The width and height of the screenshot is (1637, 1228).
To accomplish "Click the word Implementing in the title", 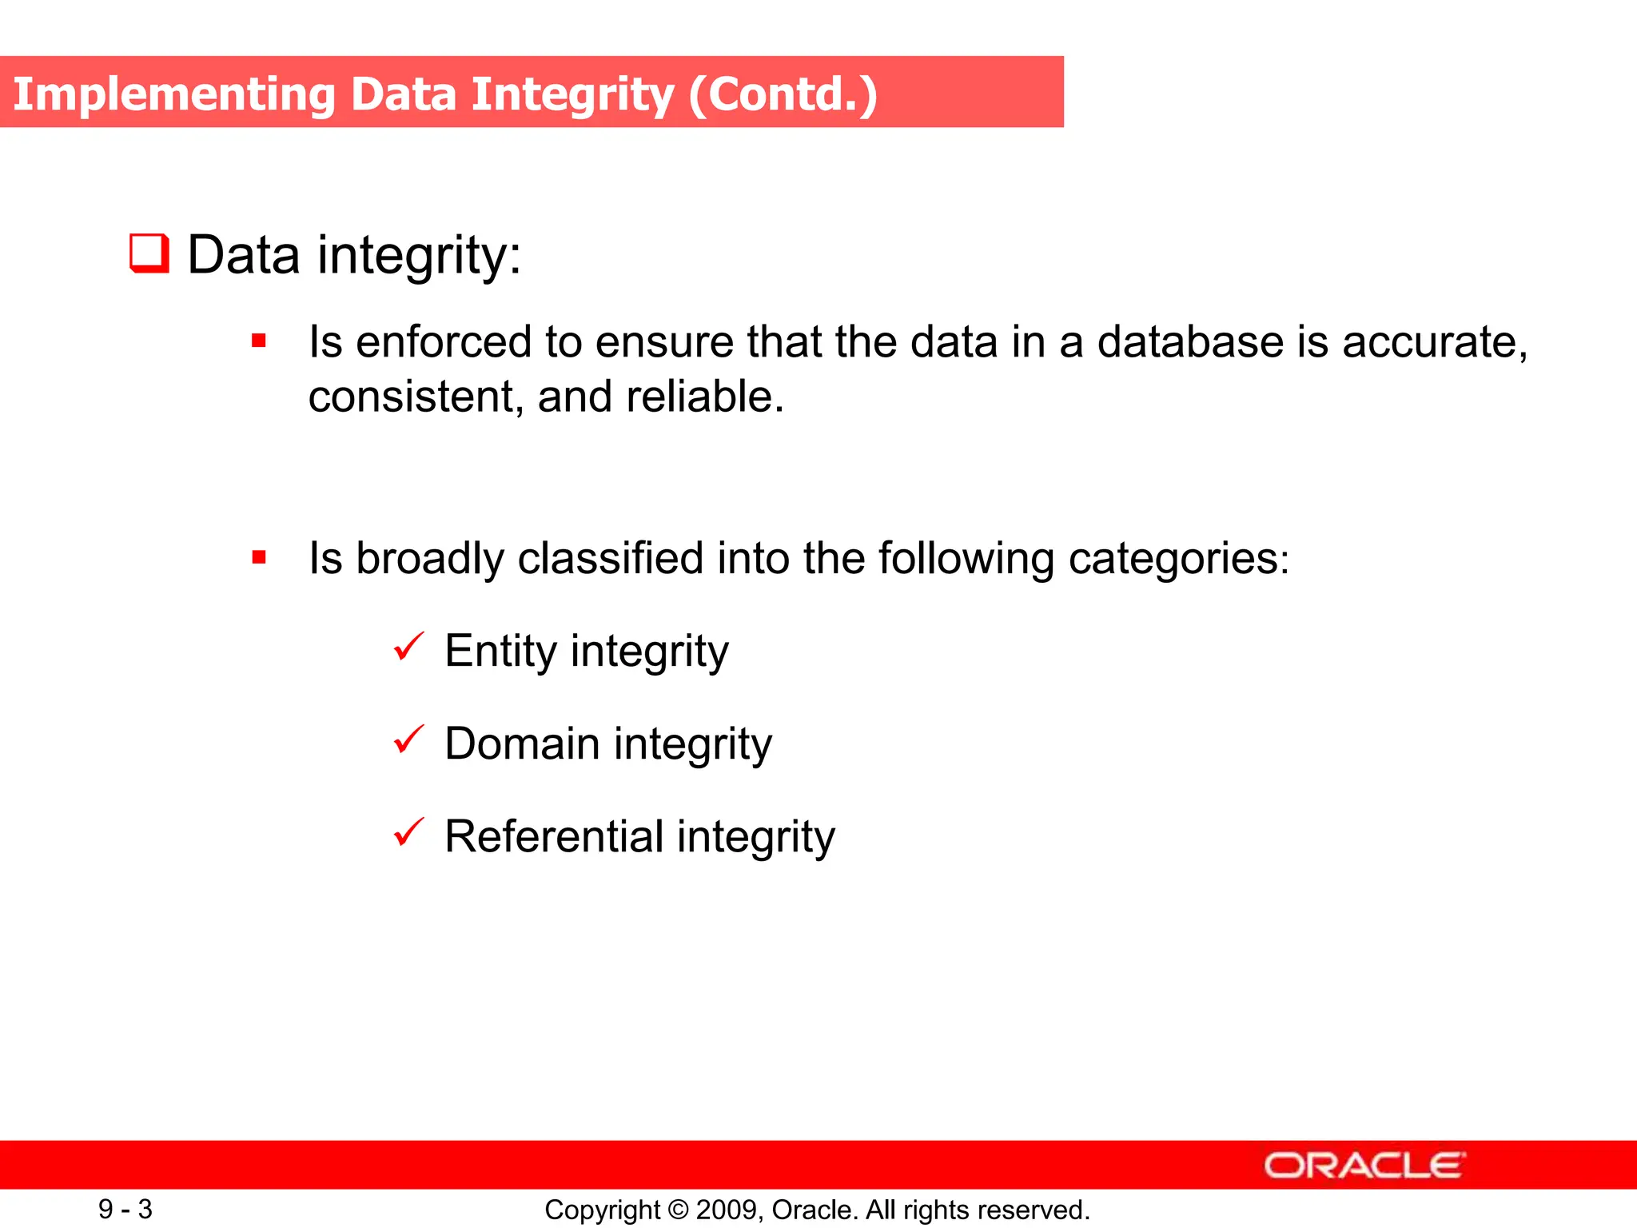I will coord(174,94).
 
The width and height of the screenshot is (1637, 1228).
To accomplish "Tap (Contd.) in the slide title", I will coord(783,94).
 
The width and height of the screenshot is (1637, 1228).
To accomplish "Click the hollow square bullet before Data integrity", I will coord(149,253).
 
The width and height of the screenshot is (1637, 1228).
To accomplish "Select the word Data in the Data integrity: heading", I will coord(244,255).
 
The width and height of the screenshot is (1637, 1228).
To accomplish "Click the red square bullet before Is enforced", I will coord(258,341).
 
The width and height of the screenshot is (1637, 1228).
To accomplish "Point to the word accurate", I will coord(1434,342).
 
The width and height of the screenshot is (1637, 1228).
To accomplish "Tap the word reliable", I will coord(703,397).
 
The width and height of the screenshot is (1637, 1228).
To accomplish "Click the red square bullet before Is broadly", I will coord(258,557).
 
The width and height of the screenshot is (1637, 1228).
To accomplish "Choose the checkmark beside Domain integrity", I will coord(408,740).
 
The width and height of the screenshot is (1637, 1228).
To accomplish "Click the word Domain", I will coord(522,744).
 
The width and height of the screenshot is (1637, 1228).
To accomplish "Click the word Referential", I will coord(554,836).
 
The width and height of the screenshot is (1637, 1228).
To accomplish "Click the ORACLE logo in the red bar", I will coord(1364,1166).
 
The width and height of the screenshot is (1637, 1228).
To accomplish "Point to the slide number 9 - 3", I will coord(125,1209).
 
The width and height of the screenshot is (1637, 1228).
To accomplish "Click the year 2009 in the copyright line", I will coord(722,1210).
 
